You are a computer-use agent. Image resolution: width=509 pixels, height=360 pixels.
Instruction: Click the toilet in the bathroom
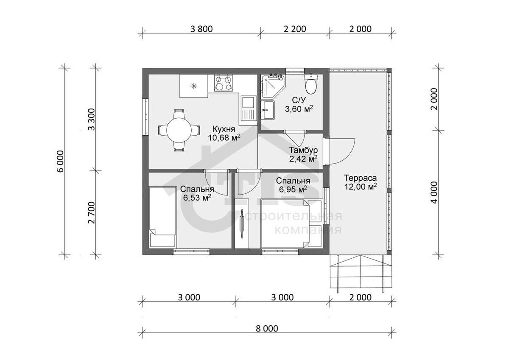(310, 84)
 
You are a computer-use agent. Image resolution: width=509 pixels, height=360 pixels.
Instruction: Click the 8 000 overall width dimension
(267, 329)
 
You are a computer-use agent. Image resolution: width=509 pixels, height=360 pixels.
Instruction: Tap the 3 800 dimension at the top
(201, 29)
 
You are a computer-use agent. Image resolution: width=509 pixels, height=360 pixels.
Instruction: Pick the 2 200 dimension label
(295, 29)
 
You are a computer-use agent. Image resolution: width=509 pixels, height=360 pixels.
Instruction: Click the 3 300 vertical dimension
(92, 119)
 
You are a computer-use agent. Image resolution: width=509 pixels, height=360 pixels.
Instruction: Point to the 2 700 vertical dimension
(92, 212)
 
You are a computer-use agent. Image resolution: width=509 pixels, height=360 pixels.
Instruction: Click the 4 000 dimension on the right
(434, 193)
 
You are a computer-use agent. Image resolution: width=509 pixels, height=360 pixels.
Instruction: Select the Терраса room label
(361, 178)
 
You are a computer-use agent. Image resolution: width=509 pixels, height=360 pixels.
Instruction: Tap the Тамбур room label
(303, 150)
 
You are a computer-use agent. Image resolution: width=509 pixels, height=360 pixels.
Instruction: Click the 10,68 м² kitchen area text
(224, 137)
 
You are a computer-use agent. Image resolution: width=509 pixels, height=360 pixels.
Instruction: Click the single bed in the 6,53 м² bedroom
(163, 217)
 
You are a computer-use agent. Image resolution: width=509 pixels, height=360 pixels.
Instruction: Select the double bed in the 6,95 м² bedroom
(292, 223)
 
